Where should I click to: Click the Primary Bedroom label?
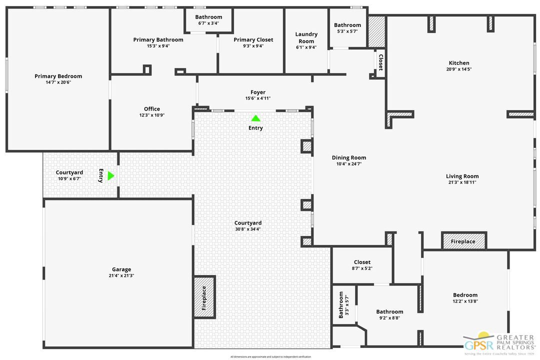tap(58, 76)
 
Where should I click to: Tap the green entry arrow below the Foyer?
tap(255, 118)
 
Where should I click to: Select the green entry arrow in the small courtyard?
tap(110, 176)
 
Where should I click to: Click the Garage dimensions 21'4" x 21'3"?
tap(121, 275)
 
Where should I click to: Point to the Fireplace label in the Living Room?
tap(463, 241)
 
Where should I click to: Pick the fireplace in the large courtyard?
tap(204, 297)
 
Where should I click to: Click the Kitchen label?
tap(458, 63)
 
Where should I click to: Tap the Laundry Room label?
tap(306, 38)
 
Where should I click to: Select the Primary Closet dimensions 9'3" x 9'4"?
tap(253, 46)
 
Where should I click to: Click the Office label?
tap(152, 109)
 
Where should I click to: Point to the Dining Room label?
tap(349, 157)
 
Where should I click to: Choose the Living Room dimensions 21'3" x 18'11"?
tap(462, 182)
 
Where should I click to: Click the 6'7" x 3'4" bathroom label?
tap(208, 23)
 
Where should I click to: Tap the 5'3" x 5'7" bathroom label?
tap(347, 31)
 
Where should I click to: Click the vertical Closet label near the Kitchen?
tap(380, 62)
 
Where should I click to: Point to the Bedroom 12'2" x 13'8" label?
tap(465, 295)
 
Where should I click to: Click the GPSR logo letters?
tap(478, 345)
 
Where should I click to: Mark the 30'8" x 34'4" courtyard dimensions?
tap(248, 229)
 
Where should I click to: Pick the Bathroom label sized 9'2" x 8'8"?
tap(389, 311)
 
